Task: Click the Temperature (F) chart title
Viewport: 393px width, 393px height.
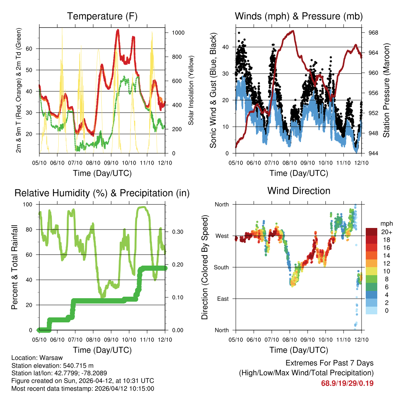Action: (x=102, y=17)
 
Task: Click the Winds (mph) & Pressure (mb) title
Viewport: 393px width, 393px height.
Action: (x=299, y=17)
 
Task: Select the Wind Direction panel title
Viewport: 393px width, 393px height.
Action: (x=299, y=191)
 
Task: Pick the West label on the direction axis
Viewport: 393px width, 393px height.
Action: (x=221, y=236)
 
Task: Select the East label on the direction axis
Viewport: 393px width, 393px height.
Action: (x=222, y=299)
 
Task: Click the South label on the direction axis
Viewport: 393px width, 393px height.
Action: (x=221, y=267)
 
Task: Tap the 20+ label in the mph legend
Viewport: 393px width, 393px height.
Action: (x=386, y=232)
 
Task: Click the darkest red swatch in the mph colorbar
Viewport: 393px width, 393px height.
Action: (x=372, y=232)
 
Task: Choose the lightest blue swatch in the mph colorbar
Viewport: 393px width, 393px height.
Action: (x=372, y=310)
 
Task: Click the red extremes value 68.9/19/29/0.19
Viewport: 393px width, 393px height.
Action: (x=347, y=383)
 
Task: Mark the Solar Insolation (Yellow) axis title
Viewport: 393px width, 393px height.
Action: (x=191, y=90)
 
